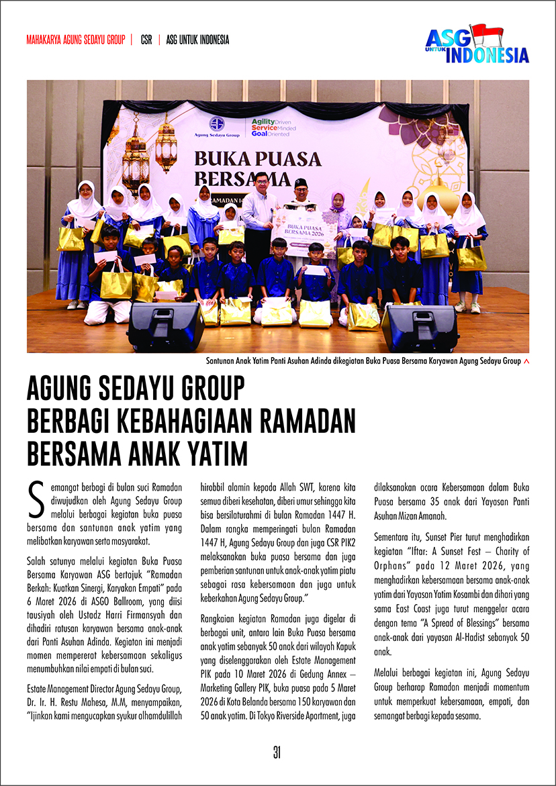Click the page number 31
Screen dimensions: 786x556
[277, 752]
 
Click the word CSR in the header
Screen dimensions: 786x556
[146, 40]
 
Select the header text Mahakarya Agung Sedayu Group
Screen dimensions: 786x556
[75, 40]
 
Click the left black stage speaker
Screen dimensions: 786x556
[157, 326]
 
